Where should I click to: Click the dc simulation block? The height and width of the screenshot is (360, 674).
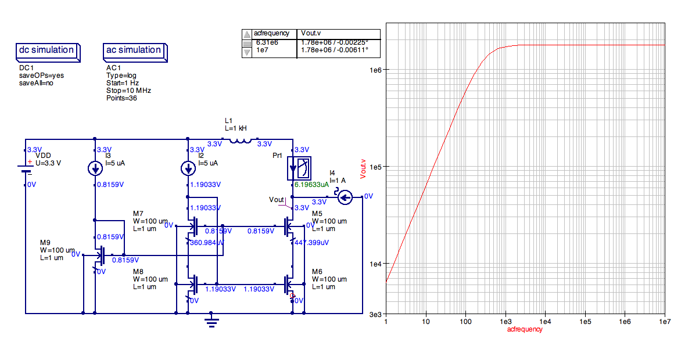click(47, 51)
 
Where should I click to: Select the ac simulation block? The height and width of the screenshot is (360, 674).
click(134, 51)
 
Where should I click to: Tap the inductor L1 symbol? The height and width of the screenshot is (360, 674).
click(240, 140)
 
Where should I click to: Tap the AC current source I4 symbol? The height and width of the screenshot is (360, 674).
click(345, 198)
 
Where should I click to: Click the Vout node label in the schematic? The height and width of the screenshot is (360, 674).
click(277, 199)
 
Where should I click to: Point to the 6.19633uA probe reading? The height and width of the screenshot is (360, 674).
click(311, 185)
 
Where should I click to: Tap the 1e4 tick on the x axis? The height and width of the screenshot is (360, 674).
click(545, 321)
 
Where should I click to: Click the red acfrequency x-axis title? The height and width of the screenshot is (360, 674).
click(525, 329)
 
